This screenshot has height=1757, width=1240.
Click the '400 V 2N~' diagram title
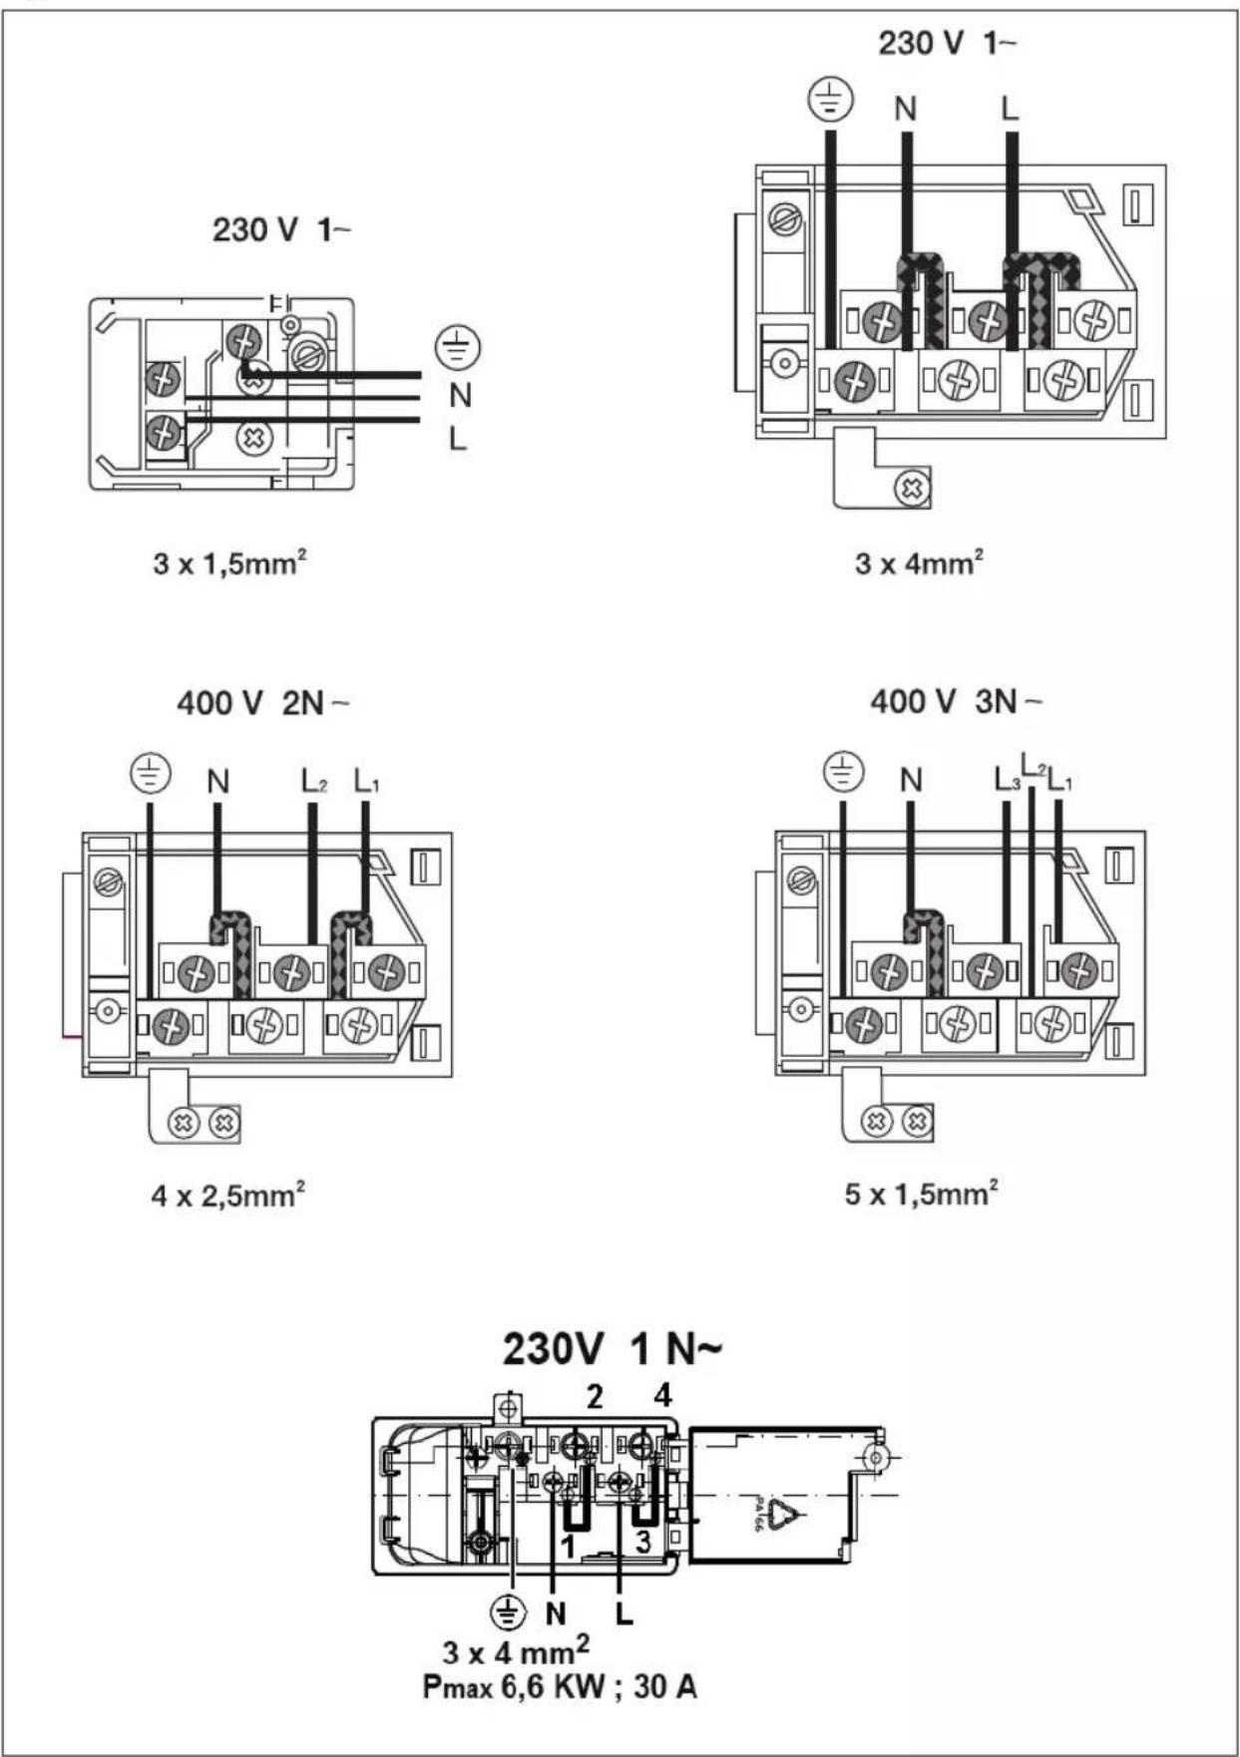263,703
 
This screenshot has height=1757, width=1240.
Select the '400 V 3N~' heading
956,701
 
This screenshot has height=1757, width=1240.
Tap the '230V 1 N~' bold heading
612,1349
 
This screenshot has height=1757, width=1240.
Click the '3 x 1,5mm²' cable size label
229,562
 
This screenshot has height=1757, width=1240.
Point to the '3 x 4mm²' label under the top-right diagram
919,562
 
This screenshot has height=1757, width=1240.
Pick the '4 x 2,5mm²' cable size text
227,1194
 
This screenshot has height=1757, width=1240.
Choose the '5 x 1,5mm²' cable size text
921,1193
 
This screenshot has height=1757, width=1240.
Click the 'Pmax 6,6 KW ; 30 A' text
560,1687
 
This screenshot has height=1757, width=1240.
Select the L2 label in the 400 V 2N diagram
314,781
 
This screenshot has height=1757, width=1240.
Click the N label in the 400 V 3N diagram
911,780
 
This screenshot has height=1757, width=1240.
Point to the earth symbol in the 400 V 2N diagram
151,774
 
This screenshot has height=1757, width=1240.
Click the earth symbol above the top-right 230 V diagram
830,100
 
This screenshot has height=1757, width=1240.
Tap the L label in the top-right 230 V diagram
1010,108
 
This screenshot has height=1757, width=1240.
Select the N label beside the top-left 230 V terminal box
460,396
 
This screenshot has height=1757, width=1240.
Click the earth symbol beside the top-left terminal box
458,348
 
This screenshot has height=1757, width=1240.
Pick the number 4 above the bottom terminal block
662,1395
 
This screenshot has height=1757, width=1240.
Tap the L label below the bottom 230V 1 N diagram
623,1612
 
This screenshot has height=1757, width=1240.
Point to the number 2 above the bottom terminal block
595,1396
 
